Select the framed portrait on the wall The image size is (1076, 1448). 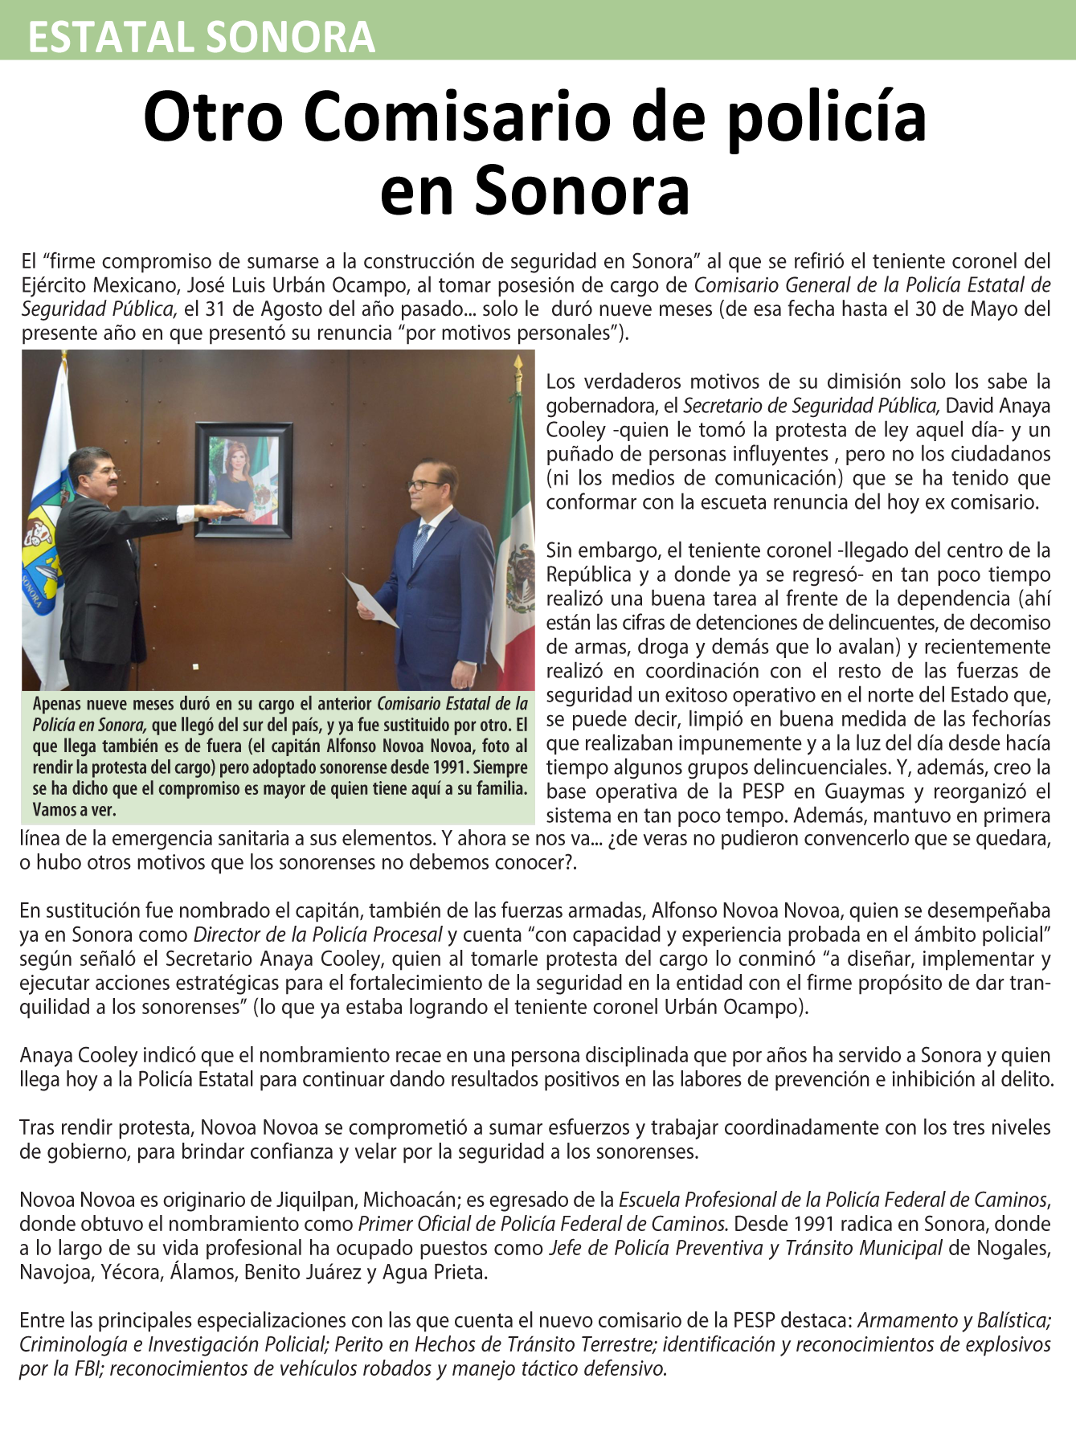[x=244, y=480]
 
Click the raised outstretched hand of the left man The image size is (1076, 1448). [x=221, y=510]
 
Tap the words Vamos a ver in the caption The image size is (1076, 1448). [x=75, y=809]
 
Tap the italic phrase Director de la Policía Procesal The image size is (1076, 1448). [x=318, y=935]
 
